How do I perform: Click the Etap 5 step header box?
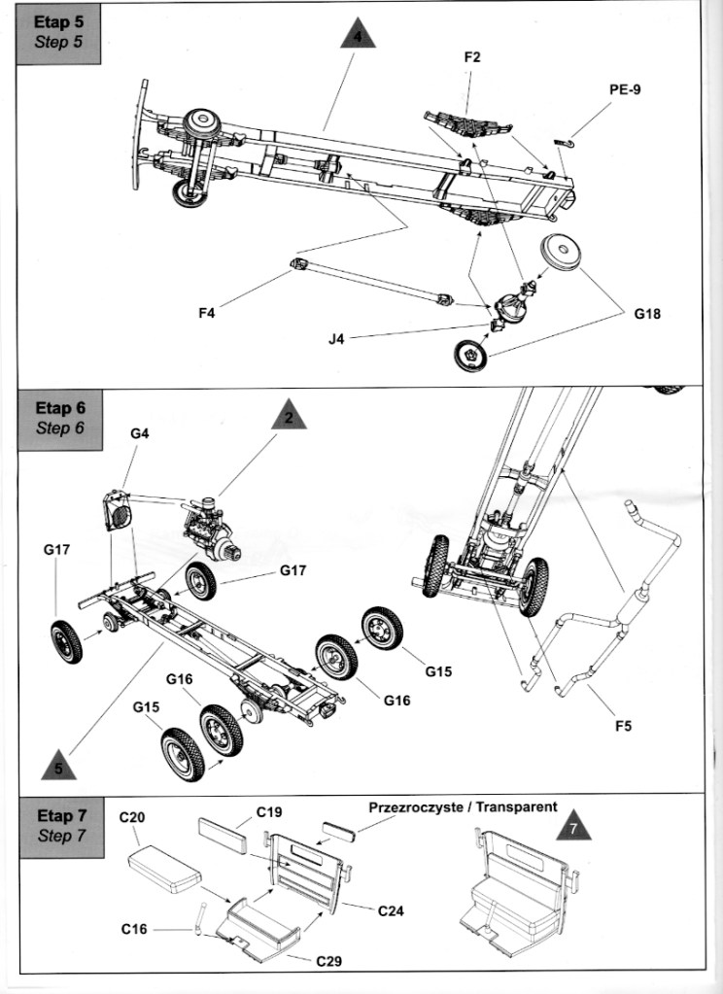point(58,35)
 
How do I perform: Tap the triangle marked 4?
point(358,35)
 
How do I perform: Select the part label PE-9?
point(625,89)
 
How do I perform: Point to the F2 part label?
point(472,57)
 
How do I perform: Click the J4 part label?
point(336,339)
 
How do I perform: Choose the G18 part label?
point(647,314)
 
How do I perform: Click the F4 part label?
point(207,313)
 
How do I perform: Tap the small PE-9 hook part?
point(564,142)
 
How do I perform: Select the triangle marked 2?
point(290,417)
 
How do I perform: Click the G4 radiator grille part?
point(118,511)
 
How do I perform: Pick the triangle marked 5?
point(59,766)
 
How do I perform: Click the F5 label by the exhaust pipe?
point(624,726)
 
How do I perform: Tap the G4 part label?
point(140,433)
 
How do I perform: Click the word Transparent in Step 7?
point(516,807)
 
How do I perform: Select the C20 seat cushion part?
point(165,868)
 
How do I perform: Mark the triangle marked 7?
point(574,827)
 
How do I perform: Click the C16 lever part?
point(200,919)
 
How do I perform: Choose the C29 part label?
point(329,961)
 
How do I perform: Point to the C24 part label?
point(392,911)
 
